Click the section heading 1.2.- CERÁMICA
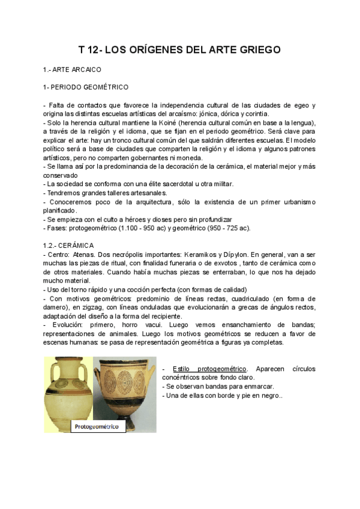point(77,245)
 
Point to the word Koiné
point(152,122)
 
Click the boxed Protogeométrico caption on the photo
point(96,427)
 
